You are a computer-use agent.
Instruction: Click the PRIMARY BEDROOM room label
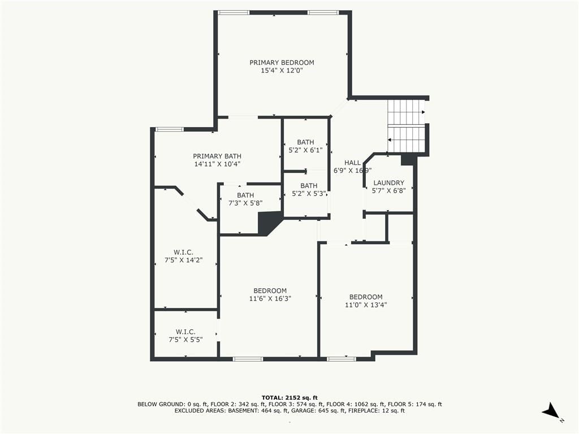(x=282, y=63)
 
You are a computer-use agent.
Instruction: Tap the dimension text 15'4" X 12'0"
(x=282, y=71)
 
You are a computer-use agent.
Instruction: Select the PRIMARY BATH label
(x=217, y=156)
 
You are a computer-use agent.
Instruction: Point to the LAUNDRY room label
(x=389, y=183)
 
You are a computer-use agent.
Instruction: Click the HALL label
(x=352, y=162)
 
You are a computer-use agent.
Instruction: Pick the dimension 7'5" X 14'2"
(x=184, y=260)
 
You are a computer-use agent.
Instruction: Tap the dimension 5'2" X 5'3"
(x=309, y=194)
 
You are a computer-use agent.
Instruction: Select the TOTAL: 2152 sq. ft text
(x=289, y=397)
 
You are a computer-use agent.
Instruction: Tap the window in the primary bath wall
(x=169, y=129)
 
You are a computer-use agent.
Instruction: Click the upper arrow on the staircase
(x=423, y=112)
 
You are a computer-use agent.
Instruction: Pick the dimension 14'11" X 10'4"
(x=217, y=164)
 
